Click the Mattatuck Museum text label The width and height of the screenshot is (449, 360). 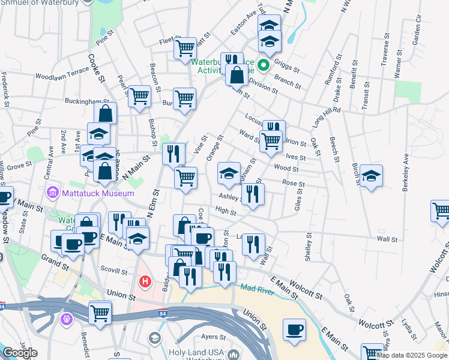[97, 194]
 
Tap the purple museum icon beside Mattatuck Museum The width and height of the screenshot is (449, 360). [52, 194]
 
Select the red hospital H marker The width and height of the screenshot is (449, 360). [145, 281]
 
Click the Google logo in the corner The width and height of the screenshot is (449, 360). [20, 353]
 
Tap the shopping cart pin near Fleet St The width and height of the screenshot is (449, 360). [185, 47]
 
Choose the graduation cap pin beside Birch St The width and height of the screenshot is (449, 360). [371, 175]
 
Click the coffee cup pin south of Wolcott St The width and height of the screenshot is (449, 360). [294, 329]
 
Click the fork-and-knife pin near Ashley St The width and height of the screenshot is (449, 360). [253, 194]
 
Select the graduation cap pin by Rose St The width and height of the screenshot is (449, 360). [229, 173]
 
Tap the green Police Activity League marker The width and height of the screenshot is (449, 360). [264, 63]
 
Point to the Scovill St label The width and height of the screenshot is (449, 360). [115, 271]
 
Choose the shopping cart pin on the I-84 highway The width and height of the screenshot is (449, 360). [100, 312]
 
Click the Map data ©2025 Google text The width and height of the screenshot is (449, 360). [412, 355]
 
